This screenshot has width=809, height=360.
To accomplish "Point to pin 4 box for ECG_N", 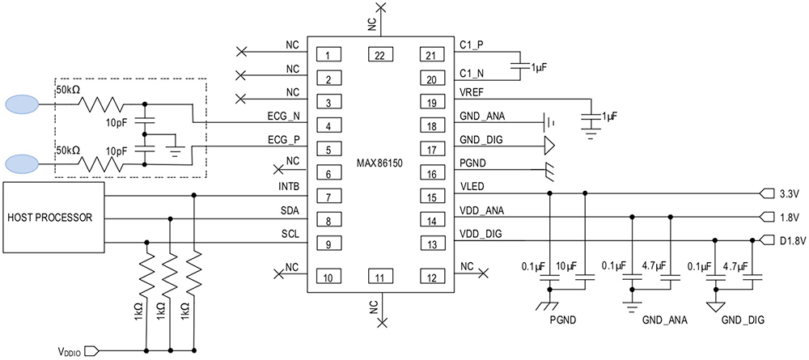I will tap(328, 127).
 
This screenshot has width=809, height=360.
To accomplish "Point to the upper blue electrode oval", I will tap(23, 104).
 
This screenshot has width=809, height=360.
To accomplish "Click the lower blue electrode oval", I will tap(23, 163).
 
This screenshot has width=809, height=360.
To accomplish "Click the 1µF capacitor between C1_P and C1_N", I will tap(519, 68).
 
